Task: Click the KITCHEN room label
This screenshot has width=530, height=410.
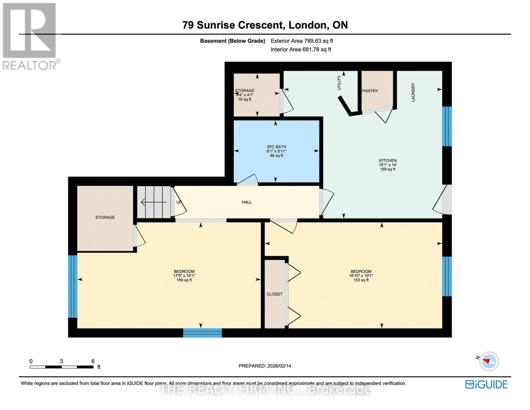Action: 388,161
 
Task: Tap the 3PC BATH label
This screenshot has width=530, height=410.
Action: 276,147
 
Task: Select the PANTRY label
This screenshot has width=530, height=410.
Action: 370,91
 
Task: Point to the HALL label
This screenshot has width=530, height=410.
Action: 247,202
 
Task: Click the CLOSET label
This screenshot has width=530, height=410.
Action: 274,294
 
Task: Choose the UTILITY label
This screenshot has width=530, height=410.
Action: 339,83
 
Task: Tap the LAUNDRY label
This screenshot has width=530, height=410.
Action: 413,92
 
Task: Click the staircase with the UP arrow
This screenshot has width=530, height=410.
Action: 154,202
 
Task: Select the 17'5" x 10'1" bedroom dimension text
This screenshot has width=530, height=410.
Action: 184,276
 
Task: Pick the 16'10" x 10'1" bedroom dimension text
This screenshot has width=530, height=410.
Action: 361,276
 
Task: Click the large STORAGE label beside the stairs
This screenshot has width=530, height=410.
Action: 105,218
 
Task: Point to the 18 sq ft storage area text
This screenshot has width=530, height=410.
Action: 244,99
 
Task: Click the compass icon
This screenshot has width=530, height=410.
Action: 489,361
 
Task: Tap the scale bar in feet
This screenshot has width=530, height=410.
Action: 61,367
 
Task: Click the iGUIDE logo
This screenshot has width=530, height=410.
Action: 486,384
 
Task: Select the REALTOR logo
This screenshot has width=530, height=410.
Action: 30,36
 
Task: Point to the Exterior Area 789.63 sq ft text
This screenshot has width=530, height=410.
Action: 302,41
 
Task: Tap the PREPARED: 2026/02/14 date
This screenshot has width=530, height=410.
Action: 265,366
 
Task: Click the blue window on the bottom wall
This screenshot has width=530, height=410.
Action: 202,333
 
